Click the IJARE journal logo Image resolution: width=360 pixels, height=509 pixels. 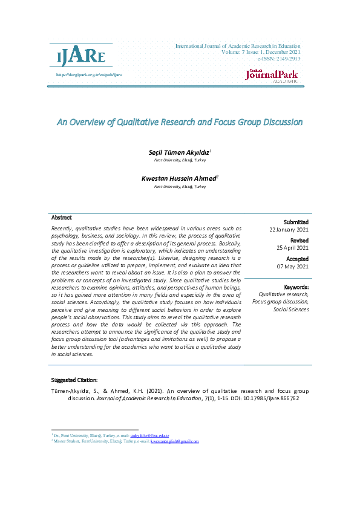81,57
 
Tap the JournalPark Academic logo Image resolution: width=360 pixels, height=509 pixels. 272,76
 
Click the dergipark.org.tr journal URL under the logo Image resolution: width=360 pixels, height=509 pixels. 89,75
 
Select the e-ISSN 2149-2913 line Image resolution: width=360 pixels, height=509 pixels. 278,59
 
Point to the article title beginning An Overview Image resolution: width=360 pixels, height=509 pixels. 180,122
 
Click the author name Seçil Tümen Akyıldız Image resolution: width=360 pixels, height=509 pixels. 179,154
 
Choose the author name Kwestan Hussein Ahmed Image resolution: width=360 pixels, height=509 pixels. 179,179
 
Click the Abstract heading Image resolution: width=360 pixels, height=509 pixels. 62,218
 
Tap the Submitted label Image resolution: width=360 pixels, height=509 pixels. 296,222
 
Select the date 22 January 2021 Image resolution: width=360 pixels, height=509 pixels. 289,230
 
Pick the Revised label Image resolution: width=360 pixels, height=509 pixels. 299,241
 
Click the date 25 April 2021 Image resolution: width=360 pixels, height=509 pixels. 293,248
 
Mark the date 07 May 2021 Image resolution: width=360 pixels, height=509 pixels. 293,266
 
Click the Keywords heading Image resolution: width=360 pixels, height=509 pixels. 296,287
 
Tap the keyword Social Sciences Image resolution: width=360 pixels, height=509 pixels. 291,309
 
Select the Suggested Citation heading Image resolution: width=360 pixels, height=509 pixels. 74,380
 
